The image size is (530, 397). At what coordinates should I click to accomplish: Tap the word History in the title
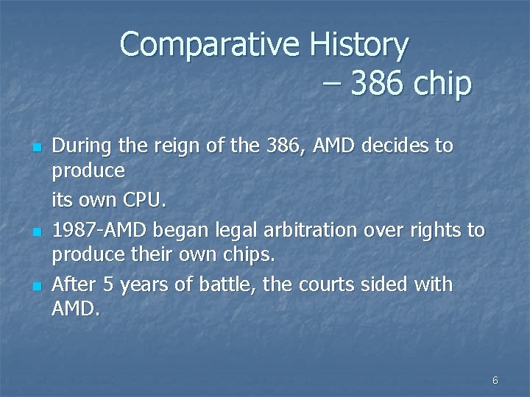pos(358,46)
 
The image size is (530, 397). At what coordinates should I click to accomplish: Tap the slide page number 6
pos(495,380)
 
